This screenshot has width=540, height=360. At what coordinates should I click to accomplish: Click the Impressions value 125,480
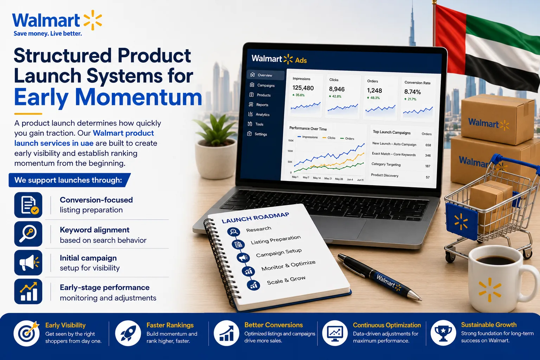303,88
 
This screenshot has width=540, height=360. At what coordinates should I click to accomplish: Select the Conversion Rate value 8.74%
412,92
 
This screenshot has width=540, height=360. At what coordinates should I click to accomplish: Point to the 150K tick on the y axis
291,141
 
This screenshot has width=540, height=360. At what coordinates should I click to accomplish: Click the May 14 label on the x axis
317,178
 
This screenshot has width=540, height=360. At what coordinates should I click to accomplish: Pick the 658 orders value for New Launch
428,145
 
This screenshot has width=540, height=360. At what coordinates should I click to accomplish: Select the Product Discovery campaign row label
385,175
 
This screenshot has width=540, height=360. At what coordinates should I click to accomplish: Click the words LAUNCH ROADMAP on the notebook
255,218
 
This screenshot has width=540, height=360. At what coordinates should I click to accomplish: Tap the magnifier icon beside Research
233,232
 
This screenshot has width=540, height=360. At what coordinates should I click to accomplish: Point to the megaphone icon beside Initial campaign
28,263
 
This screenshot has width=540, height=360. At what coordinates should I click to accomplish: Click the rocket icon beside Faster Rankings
128,333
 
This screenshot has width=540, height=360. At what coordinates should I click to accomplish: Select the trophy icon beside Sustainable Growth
443,333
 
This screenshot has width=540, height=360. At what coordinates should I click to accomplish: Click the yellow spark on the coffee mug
490,290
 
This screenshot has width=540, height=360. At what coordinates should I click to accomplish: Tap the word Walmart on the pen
386,281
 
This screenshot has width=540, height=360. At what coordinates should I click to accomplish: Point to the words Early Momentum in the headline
108,97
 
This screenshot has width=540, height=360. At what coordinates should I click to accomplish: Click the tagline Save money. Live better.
48,33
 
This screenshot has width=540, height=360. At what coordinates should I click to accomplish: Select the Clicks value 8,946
337,89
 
